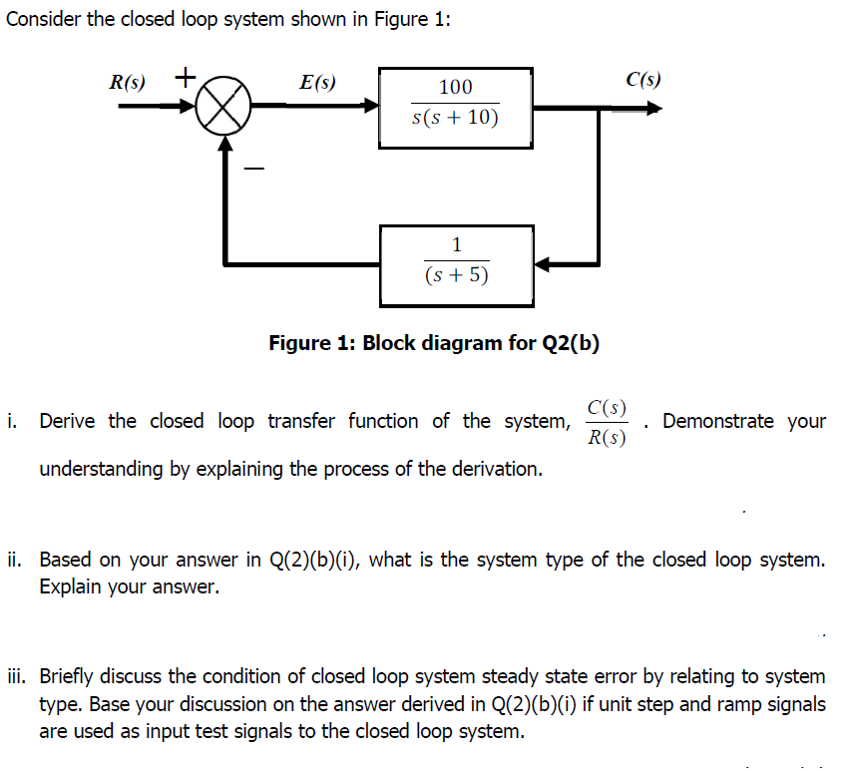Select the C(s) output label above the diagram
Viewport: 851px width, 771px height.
click(643, 80)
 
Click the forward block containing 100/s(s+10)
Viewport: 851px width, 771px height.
click(455, 108)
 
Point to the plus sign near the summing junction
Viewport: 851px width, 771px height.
click(186, 76)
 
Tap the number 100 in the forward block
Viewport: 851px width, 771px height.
click(455, 88)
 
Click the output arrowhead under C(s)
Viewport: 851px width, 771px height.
click(653, 109)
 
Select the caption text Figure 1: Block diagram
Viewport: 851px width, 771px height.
click(434, 344)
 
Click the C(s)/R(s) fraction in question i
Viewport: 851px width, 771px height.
click(607, 422)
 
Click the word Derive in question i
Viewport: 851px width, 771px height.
click(69, 421)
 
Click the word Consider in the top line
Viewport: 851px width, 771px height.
click(43, 21)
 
